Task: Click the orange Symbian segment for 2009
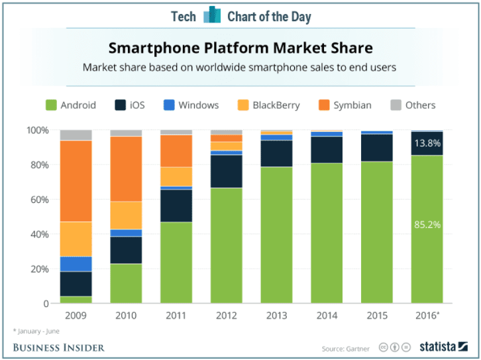(x=76, y=180)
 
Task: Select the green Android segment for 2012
(x=227, y=245)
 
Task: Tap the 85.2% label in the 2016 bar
(x=427, y=225)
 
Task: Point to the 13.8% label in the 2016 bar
(x=427, y=143)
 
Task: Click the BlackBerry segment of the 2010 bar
(x=126, y=215)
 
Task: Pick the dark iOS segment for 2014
(x=327, y=149)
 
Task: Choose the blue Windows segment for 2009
(x=76, y=264)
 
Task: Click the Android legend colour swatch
(x=50, y=105)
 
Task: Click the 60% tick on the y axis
(x=39, y=200)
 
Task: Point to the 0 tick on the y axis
(x=46, y=304)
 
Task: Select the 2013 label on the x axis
(x=276, y=316)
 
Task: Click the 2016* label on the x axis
(x=427, y=316)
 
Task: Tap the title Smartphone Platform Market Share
(x=240, y=48)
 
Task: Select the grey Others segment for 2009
(x=76, y=135)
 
